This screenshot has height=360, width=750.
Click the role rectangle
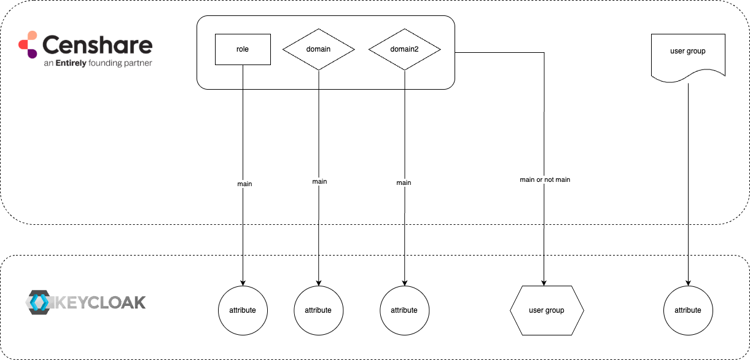[243, 49]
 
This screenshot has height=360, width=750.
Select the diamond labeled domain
[319, 49]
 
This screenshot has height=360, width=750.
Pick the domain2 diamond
[404, 49]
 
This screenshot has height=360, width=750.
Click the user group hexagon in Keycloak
[546, 310]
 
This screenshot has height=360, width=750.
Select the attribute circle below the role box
[243, 310]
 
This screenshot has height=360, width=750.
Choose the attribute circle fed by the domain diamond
[318, 310]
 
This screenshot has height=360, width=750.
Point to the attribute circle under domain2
[404, 310]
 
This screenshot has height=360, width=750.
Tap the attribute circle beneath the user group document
[687, 310]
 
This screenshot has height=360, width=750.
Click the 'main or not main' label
[544, 180]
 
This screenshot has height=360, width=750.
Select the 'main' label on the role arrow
[244, 184]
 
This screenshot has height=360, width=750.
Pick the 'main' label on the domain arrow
[319, 181]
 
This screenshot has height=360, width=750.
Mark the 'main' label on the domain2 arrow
[404, 182]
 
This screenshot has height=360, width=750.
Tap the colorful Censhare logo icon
[28, 44]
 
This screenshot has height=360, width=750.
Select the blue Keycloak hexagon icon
[40, 302]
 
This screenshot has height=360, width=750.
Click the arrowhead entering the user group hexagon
[544, 282]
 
